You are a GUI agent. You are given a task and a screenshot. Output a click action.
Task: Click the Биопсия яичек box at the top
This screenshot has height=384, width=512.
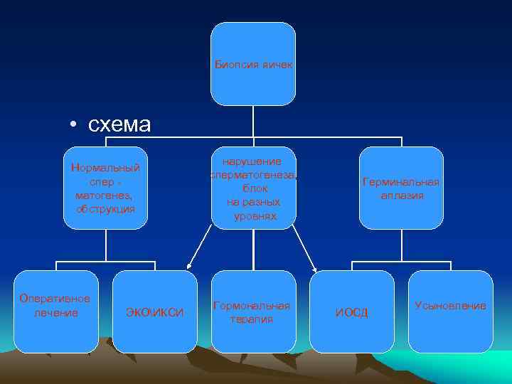pyautogui.click(x=253, y=64)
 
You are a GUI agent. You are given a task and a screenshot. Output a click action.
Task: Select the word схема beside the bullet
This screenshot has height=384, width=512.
pyautogui.click(x=119, y=124)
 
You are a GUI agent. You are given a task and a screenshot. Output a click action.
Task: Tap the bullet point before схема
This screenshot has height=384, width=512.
pyautogui.click(x=74, y=126)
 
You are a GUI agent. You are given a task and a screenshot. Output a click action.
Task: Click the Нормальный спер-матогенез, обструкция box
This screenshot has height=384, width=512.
pyautogui.click(x=105, y=188)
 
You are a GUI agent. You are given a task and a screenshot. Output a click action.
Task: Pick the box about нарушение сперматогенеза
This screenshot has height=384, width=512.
pyautogui.click(x=253, y=188)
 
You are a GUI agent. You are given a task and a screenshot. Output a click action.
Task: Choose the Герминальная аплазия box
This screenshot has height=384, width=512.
pyautogui.click(x=401, y=188)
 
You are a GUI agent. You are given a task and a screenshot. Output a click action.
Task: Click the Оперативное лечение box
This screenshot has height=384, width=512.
pyautogui.click(x=56, y=311)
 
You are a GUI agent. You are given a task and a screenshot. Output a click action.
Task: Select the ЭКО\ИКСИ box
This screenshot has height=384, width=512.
pyautogui.click(x=154, y=311)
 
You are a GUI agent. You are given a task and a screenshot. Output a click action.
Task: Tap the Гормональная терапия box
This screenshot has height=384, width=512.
pyautogui.click(x=253, y=311)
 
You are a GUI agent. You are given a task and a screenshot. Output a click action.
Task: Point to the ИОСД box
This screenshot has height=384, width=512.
pyautogui.click(x=352, y=311)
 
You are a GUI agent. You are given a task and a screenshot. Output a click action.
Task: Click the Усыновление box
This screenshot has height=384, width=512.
pyautogui.click(x=450, y=311)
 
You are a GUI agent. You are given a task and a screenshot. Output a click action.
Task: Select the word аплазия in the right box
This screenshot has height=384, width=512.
pyautogui.click(x=402, y=195)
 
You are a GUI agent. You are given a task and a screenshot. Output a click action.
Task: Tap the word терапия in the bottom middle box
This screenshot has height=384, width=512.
pyautogui.click(x=251, y=319)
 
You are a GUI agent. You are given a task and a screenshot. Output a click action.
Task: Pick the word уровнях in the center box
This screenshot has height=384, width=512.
pyautogui.click(x=254, y=215)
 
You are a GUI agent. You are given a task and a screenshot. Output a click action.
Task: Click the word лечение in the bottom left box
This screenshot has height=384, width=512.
pyautogui.click(x=56, y=312)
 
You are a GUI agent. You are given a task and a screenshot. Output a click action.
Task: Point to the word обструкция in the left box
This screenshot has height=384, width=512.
pyautogui.click(x=106, y=209)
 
